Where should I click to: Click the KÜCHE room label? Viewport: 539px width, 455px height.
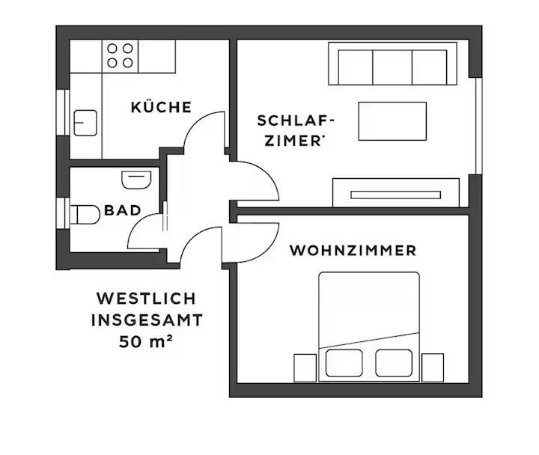[161, 107]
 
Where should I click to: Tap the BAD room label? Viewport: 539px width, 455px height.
[123, 210]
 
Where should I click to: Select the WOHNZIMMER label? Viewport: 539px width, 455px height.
[353, 251]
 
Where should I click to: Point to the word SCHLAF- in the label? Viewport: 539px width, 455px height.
[296, 120]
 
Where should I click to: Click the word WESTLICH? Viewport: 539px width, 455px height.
[146, 299]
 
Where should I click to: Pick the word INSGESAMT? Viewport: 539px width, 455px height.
[147, 320]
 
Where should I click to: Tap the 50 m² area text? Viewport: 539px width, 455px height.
[145, 341]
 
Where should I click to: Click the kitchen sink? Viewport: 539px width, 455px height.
[85, 123]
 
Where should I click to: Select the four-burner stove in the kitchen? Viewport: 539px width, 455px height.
[120, 55]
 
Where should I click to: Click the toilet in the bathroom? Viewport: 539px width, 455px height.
[85, 215]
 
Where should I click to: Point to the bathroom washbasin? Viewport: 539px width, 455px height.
[136, 180]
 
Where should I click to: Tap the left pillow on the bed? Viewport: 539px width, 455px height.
[344, 363]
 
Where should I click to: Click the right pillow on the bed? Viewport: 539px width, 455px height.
[394, 363]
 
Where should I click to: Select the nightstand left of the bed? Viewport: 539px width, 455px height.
[305, 367]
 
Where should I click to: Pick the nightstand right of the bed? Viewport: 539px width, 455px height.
[433, 367]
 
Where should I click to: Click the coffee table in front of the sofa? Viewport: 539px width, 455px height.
[392, 121]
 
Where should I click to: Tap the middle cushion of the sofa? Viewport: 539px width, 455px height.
[392, 67]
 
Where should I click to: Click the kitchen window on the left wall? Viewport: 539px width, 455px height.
[63, 112]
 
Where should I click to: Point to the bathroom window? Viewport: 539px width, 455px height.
[63, 213]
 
